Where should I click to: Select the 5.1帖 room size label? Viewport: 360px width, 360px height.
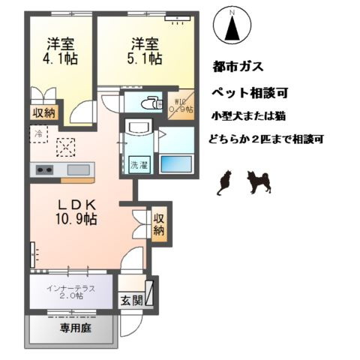coord(143,58)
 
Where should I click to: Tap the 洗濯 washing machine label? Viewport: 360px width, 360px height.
coord(139,164)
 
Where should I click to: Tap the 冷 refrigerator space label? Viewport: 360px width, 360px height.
coord(39,133)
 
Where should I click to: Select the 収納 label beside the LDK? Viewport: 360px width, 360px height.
coord(158,224)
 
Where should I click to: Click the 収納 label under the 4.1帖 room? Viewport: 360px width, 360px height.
coord(43,112)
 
